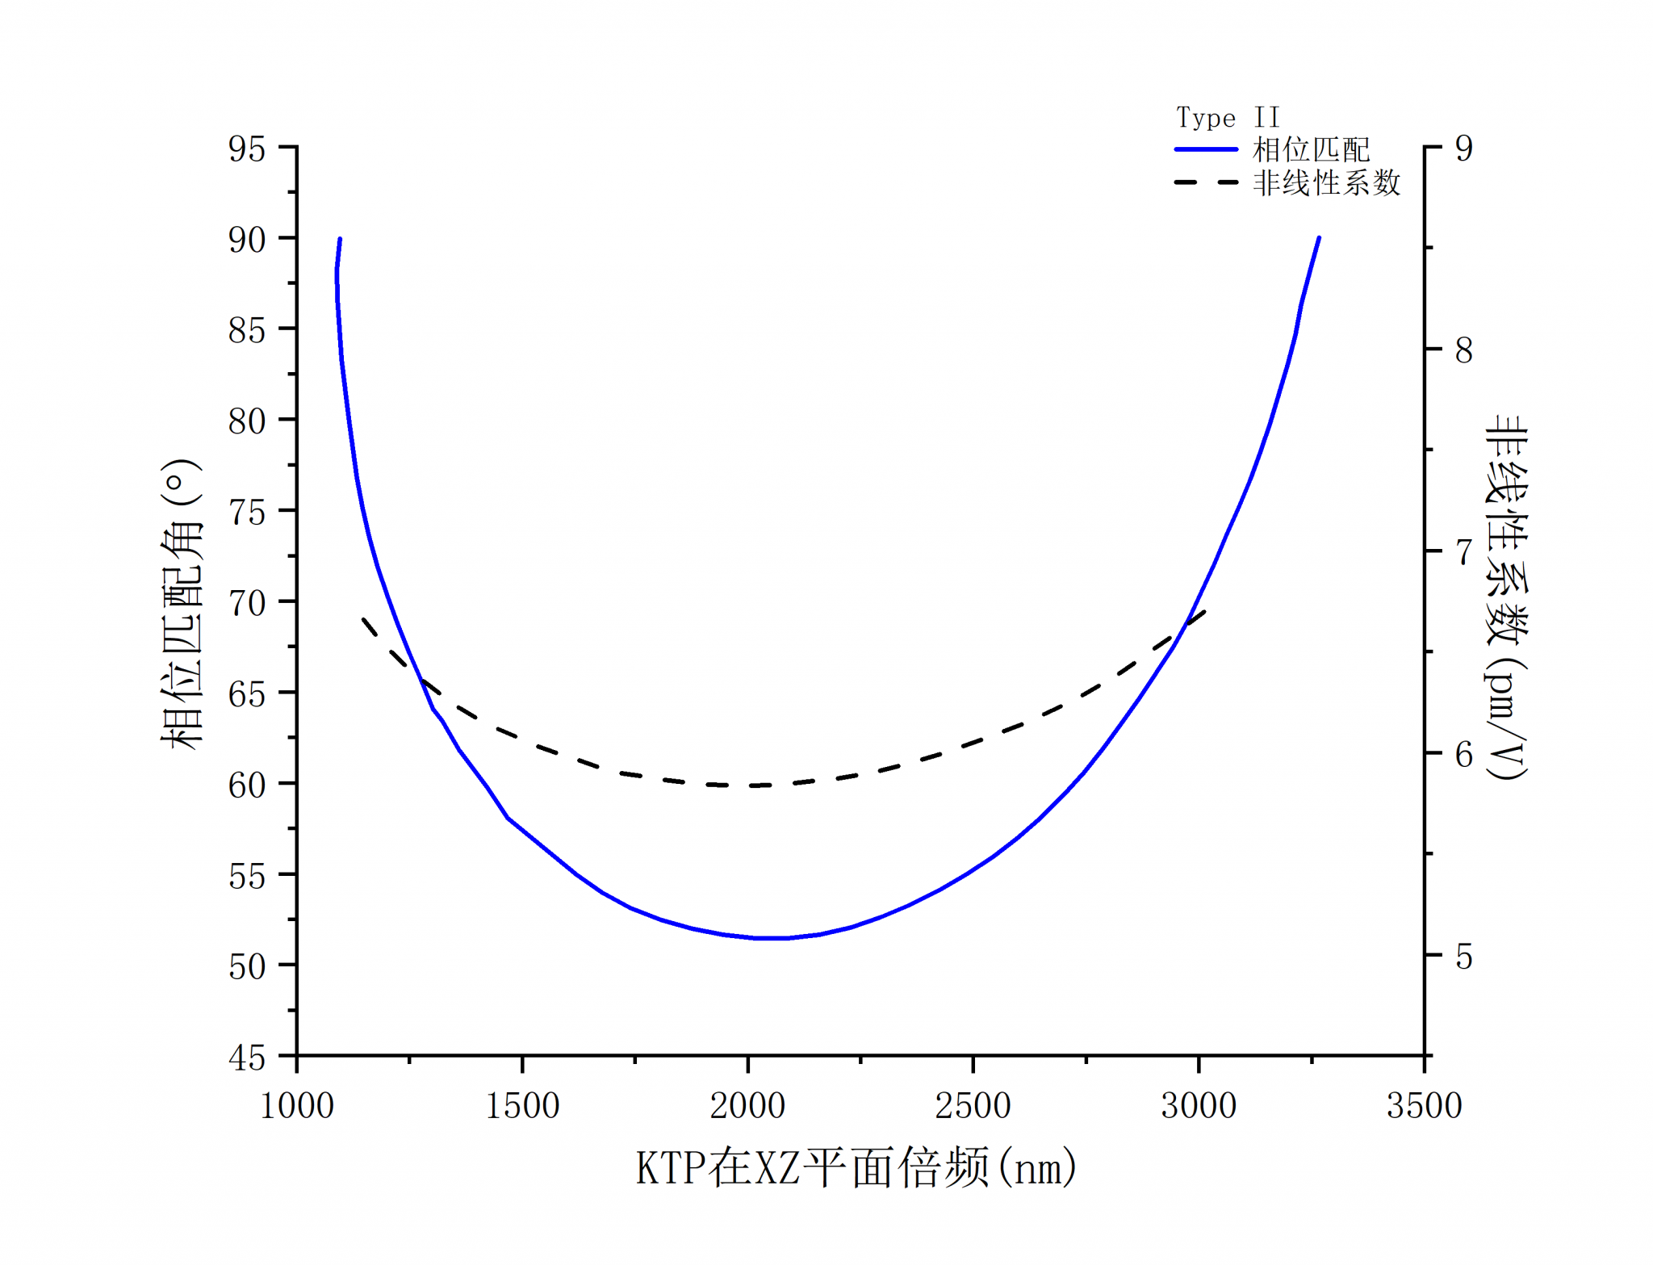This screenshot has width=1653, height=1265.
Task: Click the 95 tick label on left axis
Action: [246, 149]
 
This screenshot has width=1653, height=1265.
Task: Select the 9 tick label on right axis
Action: [1463, 149]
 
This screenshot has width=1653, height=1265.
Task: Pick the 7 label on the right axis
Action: [1463, 552]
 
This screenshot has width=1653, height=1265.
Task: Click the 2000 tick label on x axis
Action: [747, 1105]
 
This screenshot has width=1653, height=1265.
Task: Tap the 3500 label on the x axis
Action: [1424, 1105]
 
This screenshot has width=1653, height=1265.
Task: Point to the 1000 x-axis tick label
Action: [297, 1105]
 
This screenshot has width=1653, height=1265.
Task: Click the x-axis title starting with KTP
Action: [856, 1167]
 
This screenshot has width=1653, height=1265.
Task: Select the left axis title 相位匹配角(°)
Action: [181, 604]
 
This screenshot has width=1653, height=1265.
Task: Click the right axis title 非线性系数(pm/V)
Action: [1506, 597]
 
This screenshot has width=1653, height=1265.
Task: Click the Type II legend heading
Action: [1228, 118]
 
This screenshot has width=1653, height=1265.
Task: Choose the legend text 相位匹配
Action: [1311, 149]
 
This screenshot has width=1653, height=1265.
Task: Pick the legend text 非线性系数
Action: [1326, 183]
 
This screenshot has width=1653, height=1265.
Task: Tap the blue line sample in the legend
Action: [1206, 149]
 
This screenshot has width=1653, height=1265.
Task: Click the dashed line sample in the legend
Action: [1206, 183]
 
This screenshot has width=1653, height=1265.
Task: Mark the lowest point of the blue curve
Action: [772, 938]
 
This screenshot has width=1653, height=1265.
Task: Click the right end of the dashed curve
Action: [1204, 612]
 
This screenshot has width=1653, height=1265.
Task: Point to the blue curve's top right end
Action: [1319, 238]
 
